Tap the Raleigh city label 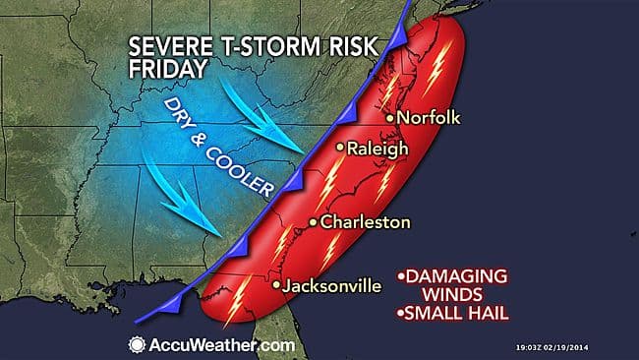(x=377, y=149)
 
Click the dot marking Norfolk (x=390, y=119)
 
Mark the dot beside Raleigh (x=340, y=149)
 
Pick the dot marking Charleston (x=313, y=223)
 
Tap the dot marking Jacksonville (x=276, y=286)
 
